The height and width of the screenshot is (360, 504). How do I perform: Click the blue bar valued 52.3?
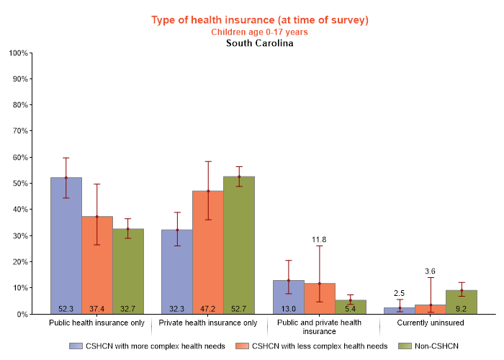click(x=66, y=245)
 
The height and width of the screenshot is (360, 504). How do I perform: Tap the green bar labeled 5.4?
click(x=350, y=306)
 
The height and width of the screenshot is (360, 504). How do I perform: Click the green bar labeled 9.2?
click(x=461, y=302)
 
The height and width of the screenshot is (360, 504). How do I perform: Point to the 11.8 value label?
click(x=319, y=239)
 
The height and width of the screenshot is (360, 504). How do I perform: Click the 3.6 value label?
click(x=430, y=271)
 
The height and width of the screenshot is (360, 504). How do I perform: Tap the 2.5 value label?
click(x=399, y=293)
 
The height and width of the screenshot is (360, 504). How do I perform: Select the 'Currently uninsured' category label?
click(x=430, y=323)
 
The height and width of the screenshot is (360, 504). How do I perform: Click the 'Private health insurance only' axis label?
click(x=207, y=323)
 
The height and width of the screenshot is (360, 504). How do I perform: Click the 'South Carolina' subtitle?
click(x=259, y=43)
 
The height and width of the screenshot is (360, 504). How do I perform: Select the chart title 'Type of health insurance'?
click(x=259, y=20)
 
